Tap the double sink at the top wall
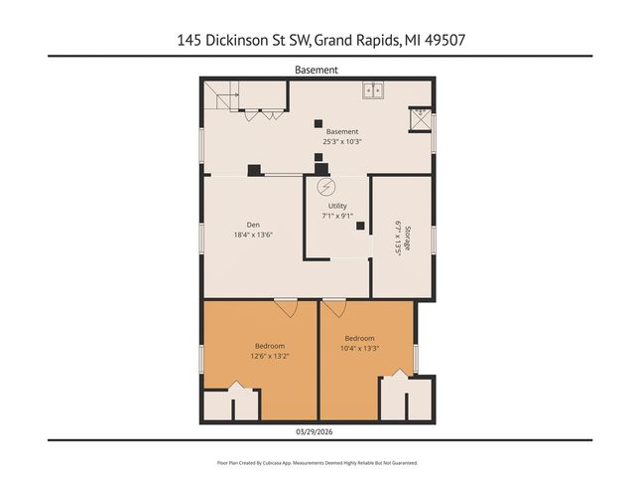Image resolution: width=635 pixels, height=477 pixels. click(373, 90)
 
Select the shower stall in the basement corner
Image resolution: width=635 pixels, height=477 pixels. click(422, 120)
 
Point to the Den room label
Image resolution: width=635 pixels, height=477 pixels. click(253, 225)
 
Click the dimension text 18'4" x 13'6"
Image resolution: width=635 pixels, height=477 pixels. click(253, 236)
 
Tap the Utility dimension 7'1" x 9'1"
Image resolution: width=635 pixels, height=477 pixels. click(337, 216)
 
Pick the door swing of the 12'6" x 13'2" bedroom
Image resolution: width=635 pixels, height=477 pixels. click(287, 310)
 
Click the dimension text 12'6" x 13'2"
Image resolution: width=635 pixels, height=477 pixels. click(271, 355)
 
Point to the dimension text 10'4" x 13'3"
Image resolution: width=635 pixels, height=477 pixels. click(358, 349)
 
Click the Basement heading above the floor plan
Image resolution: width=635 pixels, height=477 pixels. click(317, 70)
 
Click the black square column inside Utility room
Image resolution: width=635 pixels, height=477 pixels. click(360, 225)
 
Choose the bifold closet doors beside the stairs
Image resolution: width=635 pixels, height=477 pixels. click(265, 115)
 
